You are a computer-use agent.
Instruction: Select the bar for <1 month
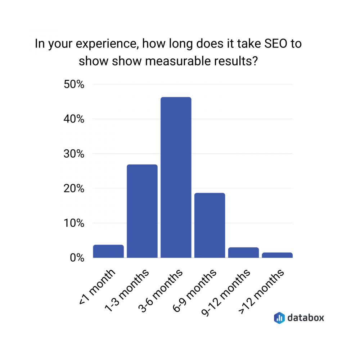tap(108, 251)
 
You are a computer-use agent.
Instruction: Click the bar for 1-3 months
tap(142, 211)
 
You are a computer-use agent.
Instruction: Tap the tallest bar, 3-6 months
tap(176, 177)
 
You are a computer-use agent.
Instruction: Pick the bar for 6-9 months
tap(210, 225)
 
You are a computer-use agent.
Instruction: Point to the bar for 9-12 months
tap(243, 252)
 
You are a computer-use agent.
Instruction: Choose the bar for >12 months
tap(277, 255)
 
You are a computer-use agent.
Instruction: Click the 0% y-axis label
tap(76, 258)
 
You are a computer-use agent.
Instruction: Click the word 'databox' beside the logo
tap(305, 318)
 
